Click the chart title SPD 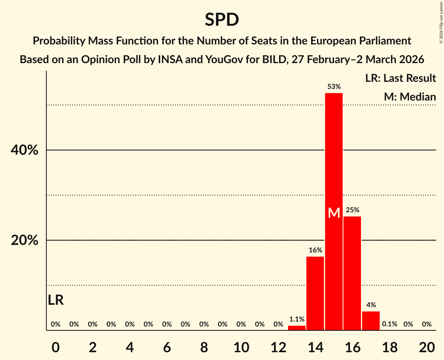[x=222, y=19]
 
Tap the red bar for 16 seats [x=352, y=273]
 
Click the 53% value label [x=334, y=86]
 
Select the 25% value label [x=352, y=210]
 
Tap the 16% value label [x=315, y=250]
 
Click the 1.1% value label [x=297, y=319]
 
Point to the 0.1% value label [x=389, y=324]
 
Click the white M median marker [x=334, y=213]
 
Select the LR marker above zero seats [x=56, y=300]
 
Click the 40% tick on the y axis [x=24, y=150]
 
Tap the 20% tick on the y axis [x=24, y=240]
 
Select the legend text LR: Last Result [x=400, y=78]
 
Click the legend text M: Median [x=410, y=97]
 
